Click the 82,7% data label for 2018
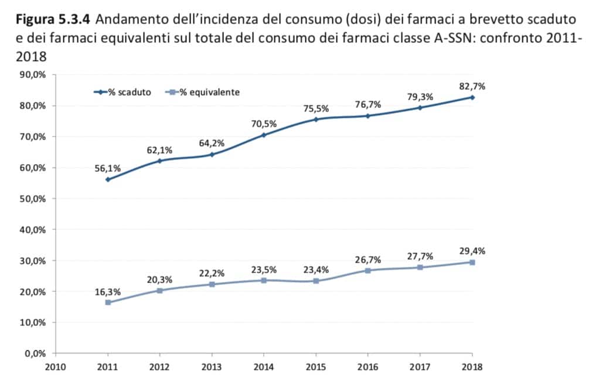click(472, 86)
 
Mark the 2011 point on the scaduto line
click(108, 179)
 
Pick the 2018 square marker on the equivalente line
click(472, 262)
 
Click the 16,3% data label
click(108, 291)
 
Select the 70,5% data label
click(264, 124)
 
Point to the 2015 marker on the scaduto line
click(316, 119)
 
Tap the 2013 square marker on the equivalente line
click(212, 284)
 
